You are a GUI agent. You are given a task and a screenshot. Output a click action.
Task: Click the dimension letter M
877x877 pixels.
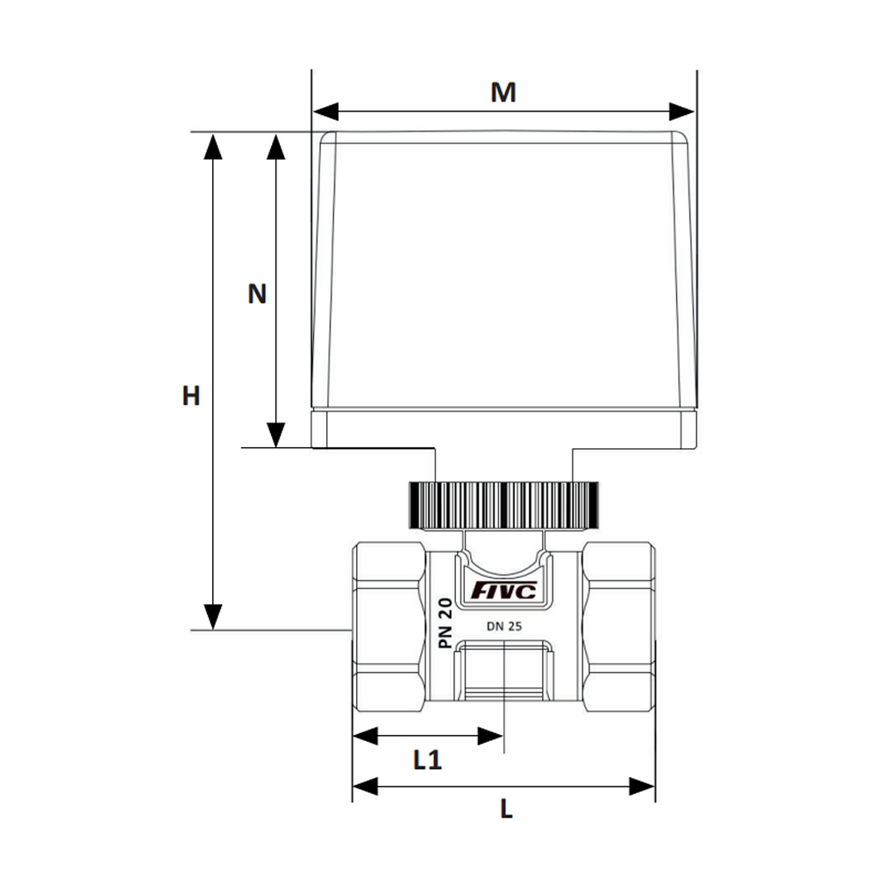click(x=503, y=92)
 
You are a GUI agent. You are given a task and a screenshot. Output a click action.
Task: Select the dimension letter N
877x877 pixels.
click(x=257, y=294)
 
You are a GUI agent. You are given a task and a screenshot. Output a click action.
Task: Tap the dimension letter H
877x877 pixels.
click(x=191, y=396)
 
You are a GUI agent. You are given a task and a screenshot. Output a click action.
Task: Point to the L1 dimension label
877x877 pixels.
click(x=428, y=760)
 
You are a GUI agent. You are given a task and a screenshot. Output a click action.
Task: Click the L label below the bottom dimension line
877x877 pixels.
click(x=506, y=809)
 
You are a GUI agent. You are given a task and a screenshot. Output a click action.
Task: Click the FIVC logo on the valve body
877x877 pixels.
click(x=504, y=590)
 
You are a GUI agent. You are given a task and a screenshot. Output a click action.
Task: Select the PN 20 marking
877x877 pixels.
click(x=446, y=623)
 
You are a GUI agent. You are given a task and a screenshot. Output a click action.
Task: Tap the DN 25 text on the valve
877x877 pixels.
click(x=504, y=626)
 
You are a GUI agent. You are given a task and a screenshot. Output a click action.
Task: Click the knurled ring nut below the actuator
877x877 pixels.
click(x=503, y=505)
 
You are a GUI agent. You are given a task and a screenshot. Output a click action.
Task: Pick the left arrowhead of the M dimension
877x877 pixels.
click(x=325, y=111)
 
